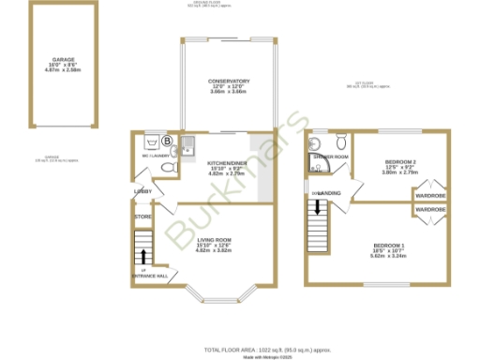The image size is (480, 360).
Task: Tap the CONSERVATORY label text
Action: coord(229,82)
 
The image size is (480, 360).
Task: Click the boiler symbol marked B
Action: coord(168,142)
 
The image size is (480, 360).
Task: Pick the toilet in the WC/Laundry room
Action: coord(168,167)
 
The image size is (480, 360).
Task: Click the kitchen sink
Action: coord(186,144)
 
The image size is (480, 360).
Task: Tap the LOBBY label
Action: coord(143,191)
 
